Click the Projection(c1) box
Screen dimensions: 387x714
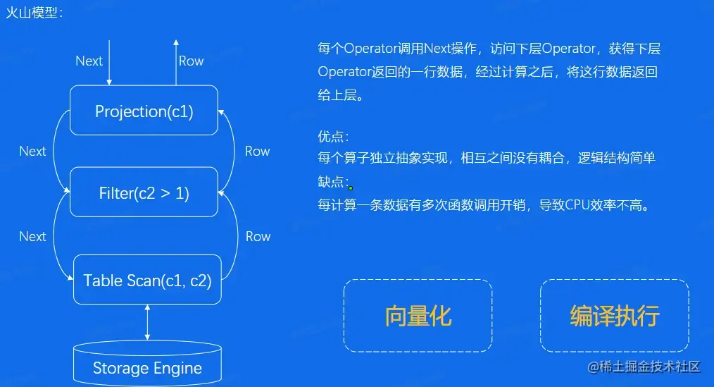(144, 111)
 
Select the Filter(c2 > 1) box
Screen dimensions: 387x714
(144, 192)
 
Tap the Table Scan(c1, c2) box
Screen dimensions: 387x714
(146, 281)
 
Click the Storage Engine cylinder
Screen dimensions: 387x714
(147, 367)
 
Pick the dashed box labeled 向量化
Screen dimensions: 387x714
(418, 315)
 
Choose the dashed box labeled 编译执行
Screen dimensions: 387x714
(614, 315)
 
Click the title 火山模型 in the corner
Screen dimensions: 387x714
(32, 13)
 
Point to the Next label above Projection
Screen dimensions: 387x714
(89, 61)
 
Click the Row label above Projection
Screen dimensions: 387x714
(191, 61)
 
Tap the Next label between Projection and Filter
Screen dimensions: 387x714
(32, 151)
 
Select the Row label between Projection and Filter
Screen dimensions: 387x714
(257, 151)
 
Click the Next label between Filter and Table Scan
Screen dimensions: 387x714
(32, 236)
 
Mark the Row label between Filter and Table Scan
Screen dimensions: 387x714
(258, 236)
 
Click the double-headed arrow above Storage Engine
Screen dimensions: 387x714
(146, 323)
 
